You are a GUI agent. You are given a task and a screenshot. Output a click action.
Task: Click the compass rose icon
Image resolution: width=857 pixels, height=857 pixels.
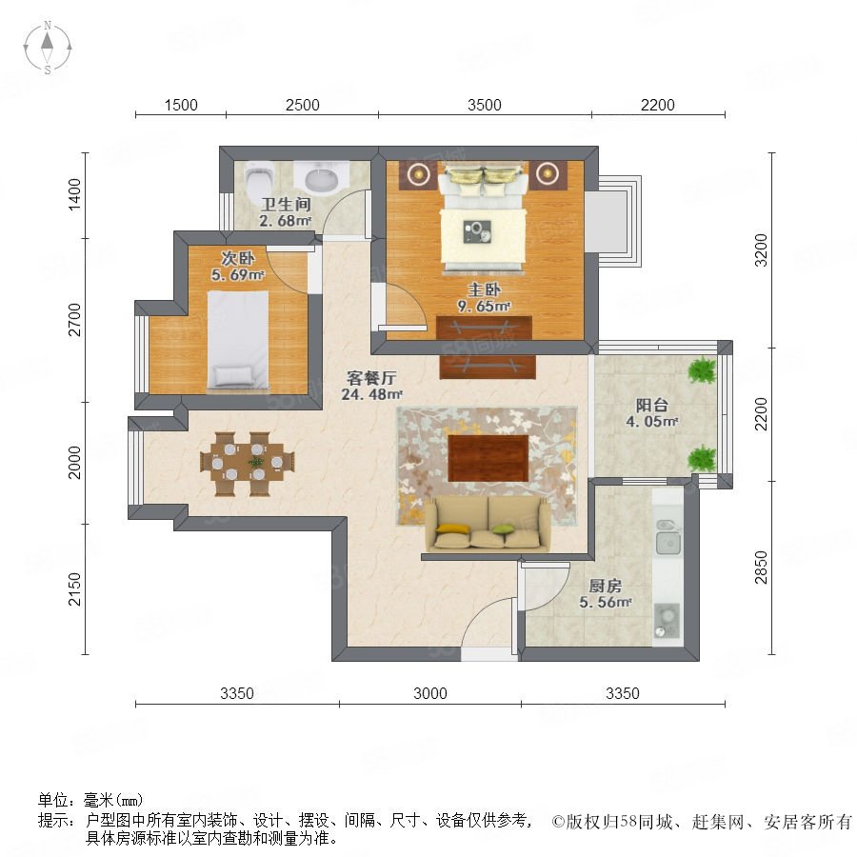coord(48,48)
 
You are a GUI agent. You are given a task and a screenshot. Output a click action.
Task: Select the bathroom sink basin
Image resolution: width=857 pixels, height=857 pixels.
coord(322,178)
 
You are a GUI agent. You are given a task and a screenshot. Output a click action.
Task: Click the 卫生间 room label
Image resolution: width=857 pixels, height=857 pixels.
coord(286,205)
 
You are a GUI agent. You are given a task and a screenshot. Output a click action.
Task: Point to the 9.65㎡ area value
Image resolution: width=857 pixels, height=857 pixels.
coord(484,306)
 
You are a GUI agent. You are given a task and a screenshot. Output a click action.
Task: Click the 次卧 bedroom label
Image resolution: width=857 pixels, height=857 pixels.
coord(237,257)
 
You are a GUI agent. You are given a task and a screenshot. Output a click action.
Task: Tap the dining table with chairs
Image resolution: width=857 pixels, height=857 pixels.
coord(247,464)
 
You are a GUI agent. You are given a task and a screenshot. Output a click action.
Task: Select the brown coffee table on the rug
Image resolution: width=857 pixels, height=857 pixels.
coord(488,458)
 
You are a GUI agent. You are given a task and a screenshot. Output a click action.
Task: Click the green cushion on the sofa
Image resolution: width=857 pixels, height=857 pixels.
coord(503,528)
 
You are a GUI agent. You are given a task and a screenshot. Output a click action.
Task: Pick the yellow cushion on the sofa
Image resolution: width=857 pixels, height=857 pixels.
coord(453,528)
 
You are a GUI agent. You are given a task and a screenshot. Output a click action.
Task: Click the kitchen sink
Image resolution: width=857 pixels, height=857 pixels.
coord(668,537)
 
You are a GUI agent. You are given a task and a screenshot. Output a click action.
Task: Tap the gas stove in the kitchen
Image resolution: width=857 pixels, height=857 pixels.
coord(667,621)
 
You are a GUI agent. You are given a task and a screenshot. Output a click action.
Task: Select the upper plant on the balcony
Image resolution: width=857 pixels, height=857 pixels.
coord(702,370)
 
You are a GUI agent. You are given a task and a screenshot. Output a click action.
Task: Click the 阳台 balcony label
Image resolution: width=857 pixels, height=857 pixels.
coord(651,405)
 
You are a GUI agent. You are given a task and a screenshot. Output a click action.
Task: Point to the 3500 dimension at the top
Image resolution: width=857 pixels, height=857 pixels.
coord(485,105)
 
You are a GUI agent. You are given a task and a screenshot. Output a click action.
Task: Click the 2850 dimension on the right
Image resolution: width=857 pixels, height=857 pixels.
coord(761,567)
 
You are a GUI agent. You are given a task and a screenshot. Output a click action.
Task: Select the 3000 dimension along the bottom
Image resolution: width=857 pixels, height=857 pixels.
coord(430,693)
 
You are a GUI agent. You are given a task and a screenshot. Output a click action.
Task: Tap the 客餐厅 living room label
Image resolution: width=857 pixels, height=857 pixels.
coord(371,378)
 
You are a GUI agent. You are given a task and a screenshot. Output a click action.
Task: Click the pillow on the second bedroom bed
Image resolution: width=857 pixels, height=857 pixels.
coord(234,375)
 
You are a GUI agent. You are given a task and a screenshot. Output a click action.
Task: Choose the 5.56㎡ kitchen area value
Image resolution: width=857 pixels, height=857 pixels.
coord(605,603)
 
